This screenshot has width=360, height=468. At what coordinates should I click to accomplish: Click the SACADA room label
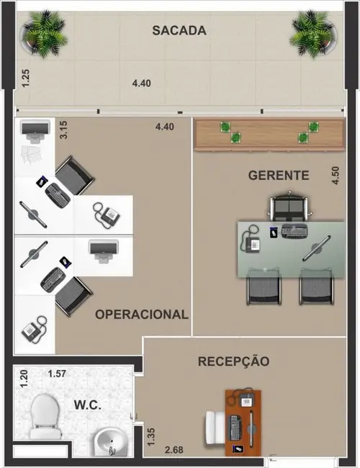(179, 30)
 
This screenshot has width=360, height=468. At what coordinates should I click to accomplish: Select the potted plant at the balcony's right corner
(312, 33)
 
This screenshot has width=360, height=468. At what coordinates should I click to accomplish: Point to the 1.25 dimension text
(26, 76)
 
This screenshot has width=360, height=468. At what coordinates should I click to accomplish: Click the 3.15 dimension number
(63, 130)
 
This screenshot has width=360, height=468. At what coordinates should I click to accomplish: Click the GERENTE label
(279, 175)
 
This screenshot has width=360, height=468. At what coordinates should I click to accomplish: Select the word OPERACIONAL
(142, 315)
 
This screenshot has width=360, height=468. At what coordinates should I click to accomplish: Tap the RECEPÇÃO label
(233, 361)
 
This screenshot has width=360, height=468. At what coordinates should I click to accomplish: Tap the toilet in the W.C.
(45, 418)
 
